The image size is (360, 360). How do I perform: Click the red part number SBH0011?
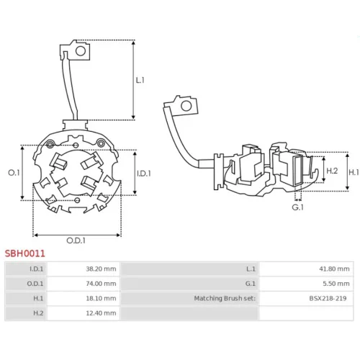[x=25, y=253]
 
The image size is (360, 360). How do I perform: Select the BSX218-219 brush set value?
[x=328, y=298]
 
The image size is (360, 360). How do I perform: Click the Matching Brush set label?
[x=225, y=298]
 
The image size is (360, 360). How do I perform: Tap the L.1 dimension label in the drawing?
[x=140, y=80]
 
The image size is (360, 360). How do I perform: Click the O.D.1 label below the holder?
[x=76, y=240]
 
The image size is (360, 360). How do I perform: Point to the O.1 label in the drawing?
[x=14, y=172]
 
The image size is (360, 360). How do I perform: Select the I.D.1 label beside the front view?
[x=144, y=174]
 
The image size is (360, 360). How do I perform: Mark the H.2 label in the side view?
[x=332, y=171]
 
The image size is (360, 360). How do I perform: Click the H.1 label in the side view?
[x=354, y=172]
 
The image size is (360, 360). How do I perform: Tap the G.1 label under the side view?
[x=297, y=207]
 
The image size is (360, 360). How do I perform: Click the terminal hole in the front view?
[x=81, y=51]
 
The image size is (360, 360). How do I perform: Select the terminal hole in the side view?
[x=186, y=106]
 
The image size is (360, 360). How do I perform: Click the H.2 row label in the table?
[x=38, y=313]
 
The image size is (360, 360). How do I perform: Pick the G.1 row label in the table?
[x=251, y=284]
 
